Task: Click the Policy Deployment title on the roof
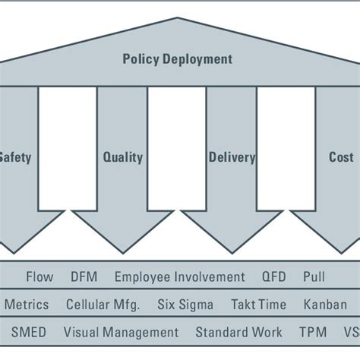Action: pos(178,58)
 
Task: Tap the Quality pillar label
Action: pos(122,158)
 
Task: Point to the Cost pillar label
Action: pos(341,158)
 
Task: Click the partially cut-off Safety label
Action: pos(15,158)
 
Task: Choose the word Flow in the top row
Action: pos(39,277)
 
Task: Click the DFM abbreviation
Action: pos(84,277)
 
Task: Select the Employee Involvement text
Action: pos(180,277)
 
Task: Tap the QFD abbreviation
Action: pos(274,277)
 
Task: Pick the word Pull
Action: pos(314,277)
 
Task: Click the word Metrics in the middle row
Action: pos(27,305)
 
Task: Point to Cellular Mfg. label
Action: pos(103,305)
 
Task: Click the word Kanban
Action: pos(325,305)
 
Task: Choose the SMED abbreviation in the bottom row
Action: pos(28,332)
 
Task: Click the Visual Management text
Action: pos(121,332)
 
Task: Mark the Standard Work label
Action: pos(238,332)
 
